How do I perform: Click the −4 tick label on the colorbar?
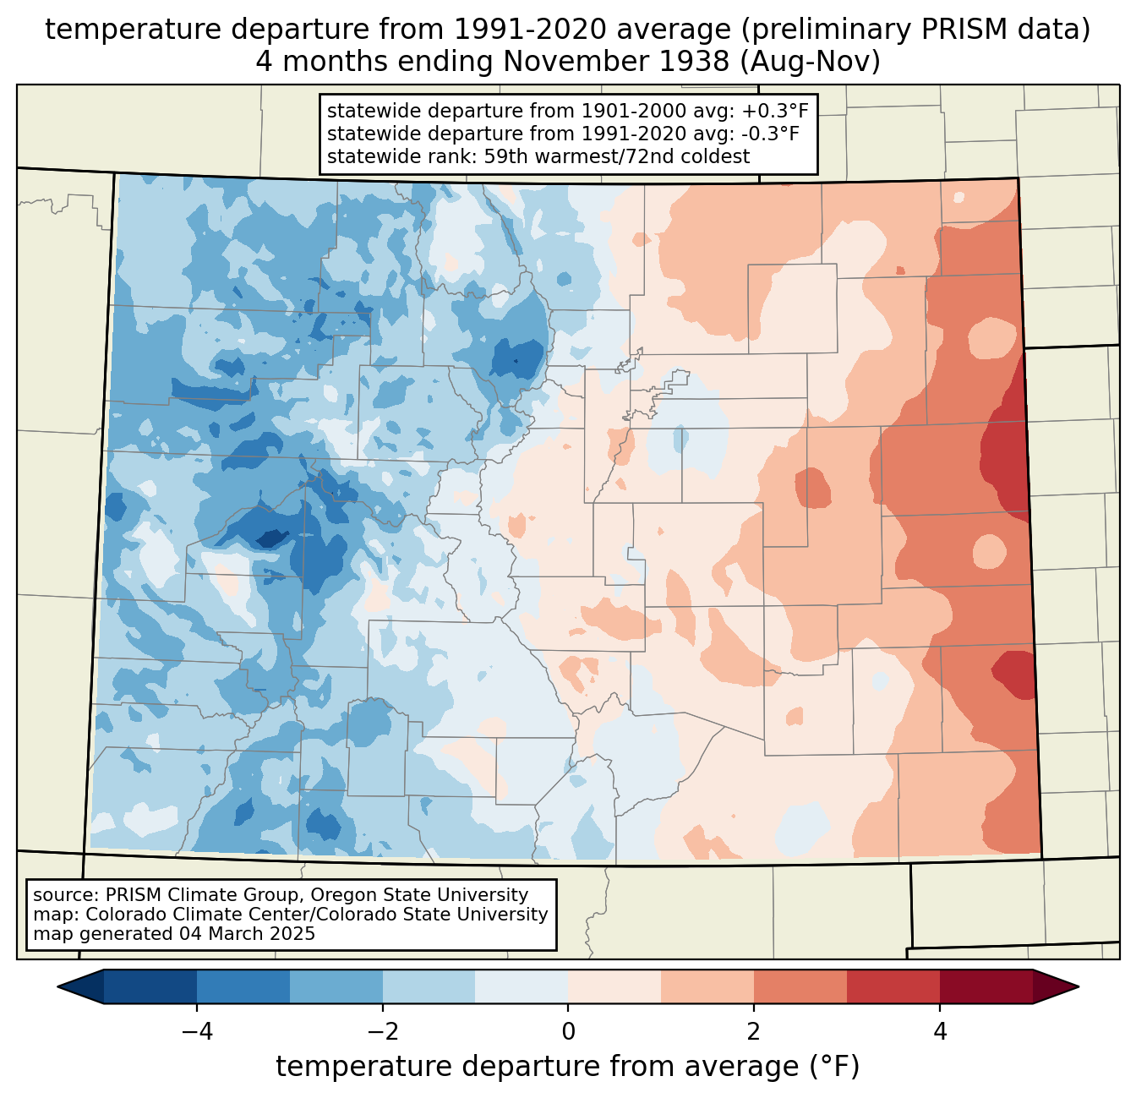[197, 1031]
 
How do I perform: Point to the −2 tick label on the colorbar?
[382, 1031]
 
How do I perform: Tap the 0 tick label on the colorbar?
[568, 1031]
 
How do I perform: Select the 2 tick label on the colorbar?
[754, 1031]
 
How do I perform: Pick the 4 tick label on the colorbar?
[939, 1031]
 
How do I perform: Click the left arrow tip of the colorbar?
[57, 986]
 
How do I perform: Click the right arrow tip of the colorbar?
[1079, 986]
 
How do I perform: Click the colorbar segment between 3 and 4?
[893, 986]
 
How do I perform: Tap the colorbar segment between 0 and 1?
[614, 986]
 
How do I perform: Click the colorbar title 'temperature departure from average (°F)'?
[567, 1066]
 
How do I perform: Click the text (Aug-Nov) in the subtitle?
[810, 61]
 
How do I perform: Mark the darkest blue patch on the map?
[273, 538]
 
